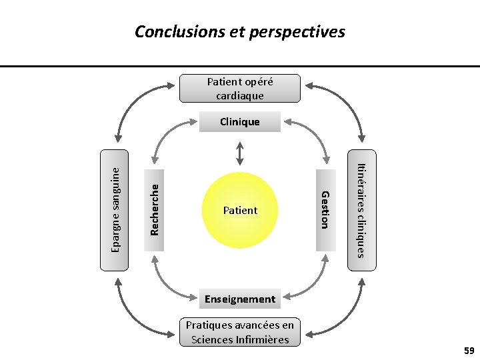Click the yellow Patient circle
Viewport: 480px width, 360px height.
(x=240, y=210)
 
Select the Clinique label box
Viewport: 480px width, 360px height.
(x=240, y=122)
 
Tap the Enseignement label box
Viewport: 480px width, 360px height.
(x=240, y=299)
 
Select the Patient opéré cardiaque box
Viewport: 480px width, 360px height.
(x=240, y=88)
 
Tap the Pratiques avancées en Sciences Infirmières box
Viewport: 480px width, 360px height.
(x=240, y=332)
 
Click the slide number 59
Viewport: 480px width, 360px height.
(x=469, y=350)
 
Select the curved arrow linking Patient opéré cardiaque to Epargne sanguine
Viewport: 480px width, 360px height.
(x=133, y=100)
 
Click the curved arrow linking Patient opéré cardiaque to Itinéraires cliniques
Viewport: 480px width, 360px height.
(x=347, y=100)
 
